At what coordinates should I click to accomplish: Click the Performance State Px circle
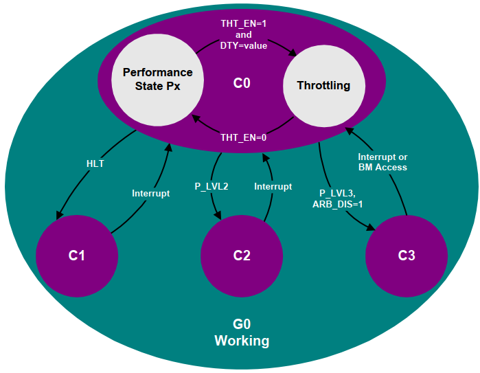point(157,80)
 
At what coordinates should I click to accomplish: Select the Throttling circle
point(323,86)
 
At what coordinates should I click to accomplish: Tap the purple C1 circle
point(76,256)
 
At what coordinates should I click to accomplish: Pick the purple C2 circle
point(242,256)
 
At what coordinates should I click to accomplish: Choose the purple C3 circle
point(407,256)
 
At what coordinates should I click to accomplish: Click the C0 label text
point(242,84)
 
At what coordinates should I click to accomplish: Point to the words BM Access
point(383,167)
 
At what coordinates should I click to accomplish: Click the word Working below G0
point(242,341)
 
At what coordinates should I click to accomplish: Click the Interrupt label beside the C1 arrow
point(150,194)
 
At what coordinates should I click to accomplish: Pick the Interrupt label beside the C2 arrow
point(273,186)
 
